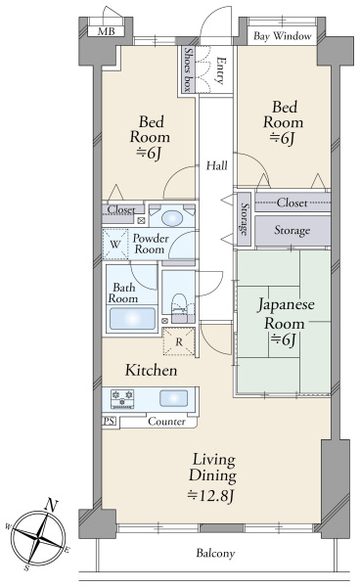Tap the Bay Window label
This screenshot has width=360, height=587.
283,36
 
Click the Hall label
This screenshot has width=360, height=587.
217,165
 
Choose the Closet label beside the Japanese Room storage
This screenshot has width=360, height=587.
292,203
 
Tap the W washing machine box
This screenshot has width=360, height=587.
115,243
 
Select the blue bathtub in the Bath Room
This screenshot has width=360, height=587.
131,319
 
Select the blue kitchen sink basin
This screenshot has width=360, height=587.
174,397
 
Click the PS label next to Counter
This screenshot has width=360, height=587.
109,422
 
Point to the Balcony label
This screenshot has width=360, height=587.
215,555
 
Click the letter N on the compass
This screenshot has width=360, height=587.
52,508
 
